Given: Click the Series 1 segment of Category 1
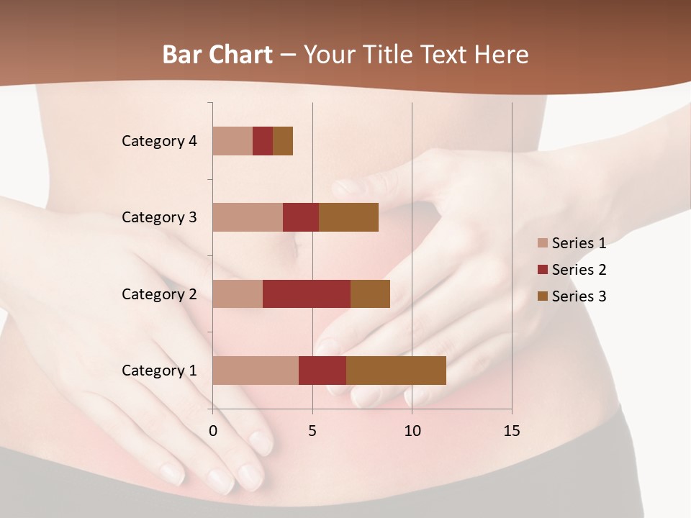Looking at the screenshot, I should coord(256,370).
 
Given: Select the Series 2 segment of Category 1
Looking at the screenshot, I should coord(322,370).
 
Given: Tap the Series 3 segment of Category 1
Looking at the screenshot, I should coord(396,370).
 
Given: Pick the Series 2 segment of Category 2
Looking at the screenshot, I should coord(307,294).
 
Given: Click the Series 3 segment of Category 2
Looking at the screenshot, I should coord(370,294).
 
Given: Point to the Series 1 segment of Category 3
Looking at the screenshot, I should coord(248,217).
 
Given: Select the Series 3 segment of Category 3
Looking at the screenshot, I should coord(348,217).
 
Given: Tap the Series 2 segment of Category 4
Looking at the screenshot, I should coord(263,141).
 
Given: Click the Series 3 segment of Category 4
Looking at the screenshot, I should coord(283,141).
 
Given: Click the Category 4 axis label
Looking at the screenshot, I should coord(159,141).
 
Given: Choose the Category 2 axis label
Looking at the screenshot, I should coord(159,294).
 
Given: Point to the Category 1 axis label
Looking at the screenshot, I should coord(159,371).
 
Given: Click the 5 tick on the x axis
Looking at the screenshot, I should coord(312,431).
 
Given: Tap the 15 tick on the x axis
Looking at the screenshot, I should coord(511,431).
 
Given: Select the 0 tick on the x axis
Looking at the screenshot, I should coord(213,431).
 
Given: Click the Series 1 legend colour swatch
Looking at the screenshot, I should coord(542,243).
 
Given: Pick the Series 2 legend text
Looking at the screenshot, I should coord(579,270).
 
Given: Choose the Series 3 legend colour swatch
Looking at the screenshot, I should coord(542,296).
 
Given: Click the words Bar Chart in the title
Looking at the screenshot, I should coord(217,55).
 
